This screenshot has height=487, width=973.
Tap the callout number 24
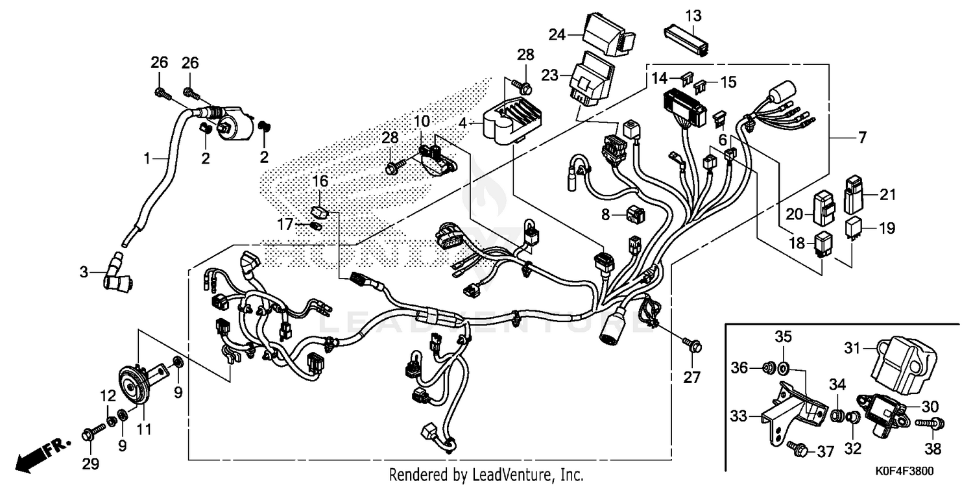coord(557,34)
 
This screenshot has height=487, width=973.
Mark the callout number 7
coord(862,137)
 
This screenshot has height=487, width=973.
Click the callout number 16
coord(321,180)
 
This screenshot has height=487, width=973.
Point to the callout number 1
coord(147,158)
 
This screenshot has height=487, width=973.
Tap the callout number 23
coord(549,75)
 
